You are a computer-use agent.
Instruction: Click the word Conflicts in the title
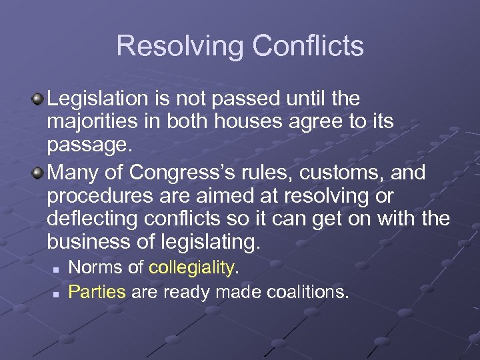point(308,46)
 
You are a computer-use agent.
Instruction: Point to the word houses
point(250,123)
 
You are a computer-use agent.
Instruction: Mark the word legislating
point(212,243)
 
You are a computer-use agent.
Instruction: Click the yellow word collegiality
point(192,268)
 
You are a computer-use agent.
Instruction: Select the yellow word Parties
point(97,291)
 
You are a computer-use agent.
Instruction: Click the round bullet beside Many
point(38,172)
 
